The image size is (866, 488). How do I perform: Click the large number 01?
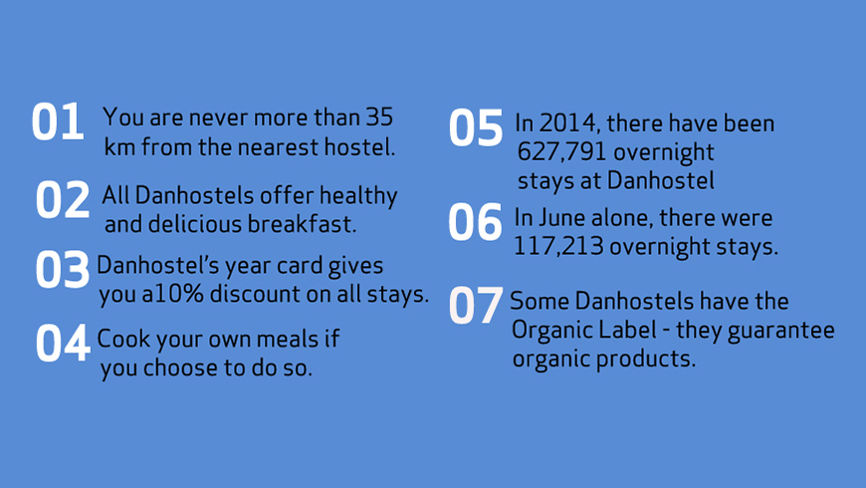[x=58, y=122]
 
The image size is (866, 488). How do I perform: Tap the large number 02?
[x=63, y=199]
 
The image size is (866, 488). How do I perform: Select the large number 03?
[x=63, y=269]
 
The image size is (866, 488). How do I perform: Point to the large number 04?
[x=63, y=344]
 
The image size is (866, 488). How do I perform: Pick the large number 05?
[x=476, y=127]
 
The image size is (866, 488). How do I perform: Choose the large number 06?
[x=476, y=222]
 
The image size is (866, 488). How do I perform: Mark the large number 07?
[x=476, y=305]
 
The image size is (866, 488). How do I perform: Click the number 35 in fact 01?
[x=379, y=117]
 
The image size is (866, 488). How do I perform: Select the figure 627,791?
[x=561, y=152]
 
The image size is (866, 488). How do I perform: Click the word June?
[x=562, y=218]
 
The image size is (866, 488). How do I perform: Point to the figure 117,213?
[x=558, y=246]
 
